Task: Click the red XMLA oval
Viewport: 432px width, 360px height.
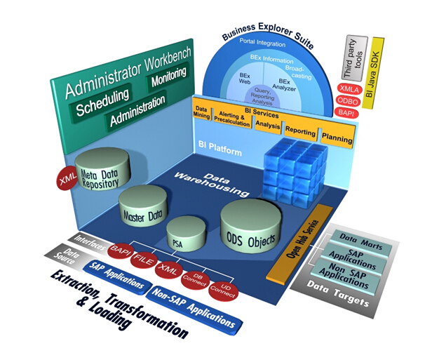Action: click(x=349, y=89)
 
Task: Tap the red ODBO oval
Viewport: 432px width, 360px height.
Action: click(x=349, y=101)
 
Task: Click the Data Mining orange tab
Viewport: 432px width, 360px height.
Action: click(x=201, y=112)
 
